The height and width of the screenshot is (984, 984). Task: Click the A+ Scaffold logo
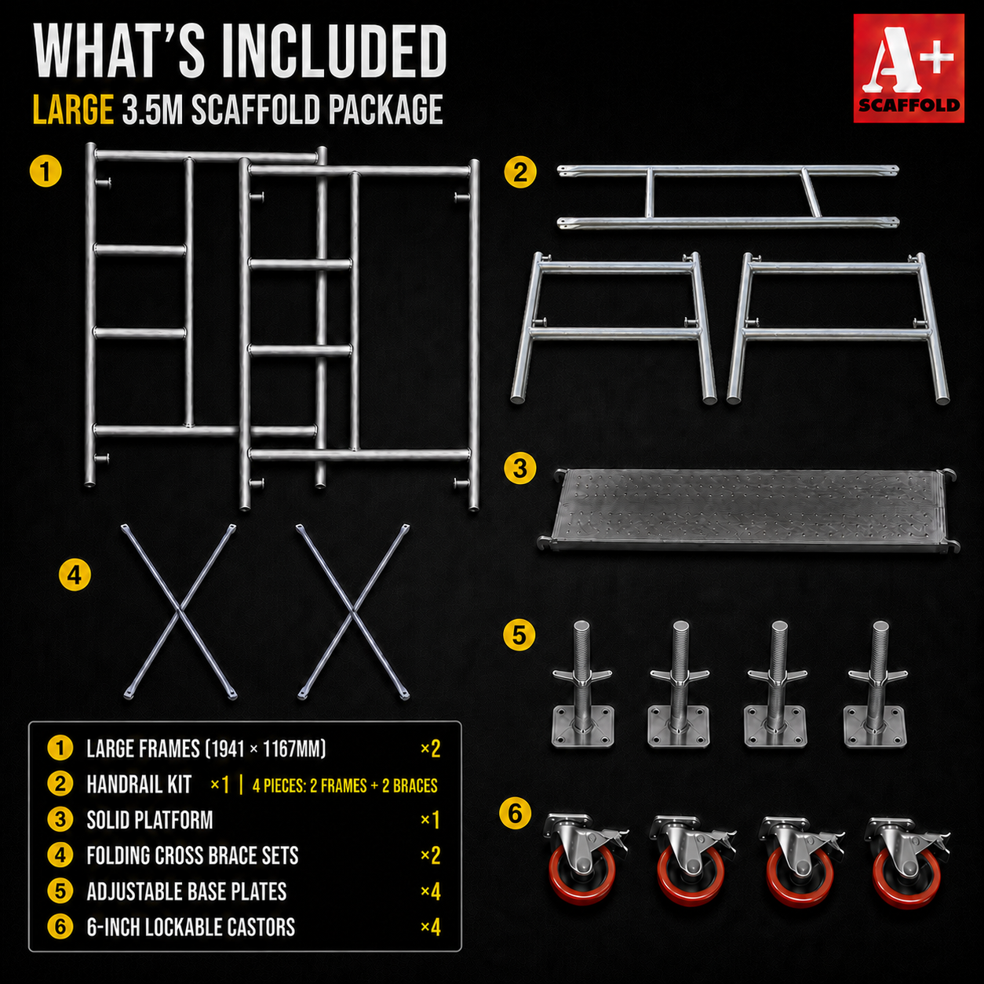[909, 68]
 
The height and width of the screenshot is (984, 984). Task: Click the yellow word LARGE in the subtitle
[72, 109]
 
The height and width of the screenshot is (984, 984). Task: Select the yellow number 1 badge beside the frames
[46, 171]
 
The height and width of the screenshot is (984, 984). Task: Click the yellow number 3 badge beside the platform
[520, 468]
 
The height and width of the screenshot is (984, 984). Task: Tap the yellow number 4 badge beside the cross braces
[75, 575]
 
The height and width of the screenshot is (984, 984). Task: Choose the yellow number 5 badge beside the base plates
[519, 636]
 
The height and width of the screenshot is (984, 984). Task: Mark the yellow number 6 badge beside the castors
[515, 813]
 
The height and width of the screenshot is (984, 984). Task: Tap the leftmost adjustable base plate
[582, 684]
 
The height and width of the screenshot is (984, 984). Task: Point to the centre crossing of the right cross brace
[354, 610]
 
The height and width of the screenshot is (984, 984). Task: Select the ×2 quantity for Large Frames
[430, 749]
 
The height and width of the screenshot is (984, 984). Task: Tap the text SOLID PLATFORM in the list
[150, 821]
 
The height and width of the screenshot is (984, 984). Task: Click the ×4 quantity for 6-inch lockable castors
[430, 928]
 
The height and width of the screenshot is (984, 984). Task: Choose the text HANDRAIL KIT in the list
[139, 785]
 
